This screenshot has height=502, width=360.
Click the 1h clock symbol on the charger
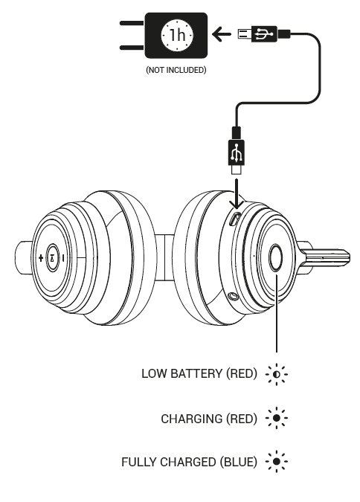pyautogui.click(x=177, y=35)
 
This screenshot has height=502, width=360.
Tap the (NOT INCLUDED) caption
pyautogui.click(x=176, y=70)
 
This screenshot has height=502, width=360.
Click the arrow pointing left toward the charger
pyautogui.click(x=222, y=34)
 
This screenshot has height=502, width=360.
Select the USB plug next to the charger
pyautogui.click(x=264, y=34)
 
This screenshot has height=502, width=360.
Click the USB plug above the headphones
pyautogui.click(x=237, y=150)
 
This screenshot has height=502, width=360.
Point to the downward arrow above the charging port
pyautogui.click(x=237, y=194)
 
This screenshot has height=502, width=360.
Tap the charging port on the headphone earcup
pyautogui.click(x=235, y=219)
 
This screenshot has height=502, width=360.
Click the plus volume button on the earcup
pyautogui.click(x=40, y=258)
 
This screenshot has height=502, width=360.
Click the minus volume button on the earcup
pyautogui.click(x=63, y=258)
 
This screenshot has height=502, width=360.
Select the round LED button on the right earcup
pyautogui.click(x=275, y=258)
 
